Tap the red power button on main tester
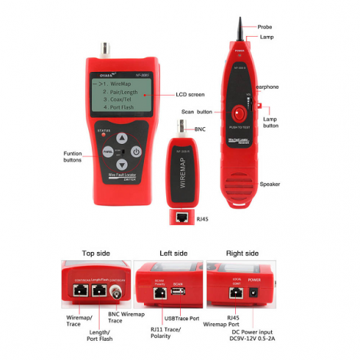pos(136,151)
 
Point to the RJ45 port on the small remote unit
pos(183,217)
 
